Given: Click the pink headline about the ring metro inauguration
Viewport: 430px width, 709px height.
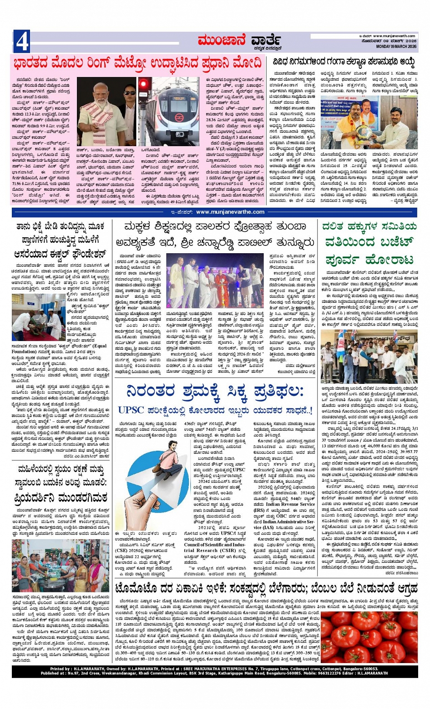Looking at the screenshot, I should pyautogui.click(x=137, y=63).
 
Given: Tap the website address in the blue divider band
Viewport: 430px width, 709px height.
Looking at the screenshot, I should pyautogui.click(x=230, y=212).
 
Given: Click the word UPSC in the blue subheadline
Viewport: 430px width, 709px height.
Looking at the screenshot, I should pyautogui.click(x=131, y=410).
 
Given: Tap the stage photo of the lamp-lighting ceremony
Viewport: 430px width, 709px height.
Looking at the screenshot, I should pyautogui.click(x=209, y=281).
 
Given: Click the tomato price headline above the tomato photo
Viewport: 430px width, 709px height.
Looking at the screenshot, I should pyautogui.click(x=266, y=589).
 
